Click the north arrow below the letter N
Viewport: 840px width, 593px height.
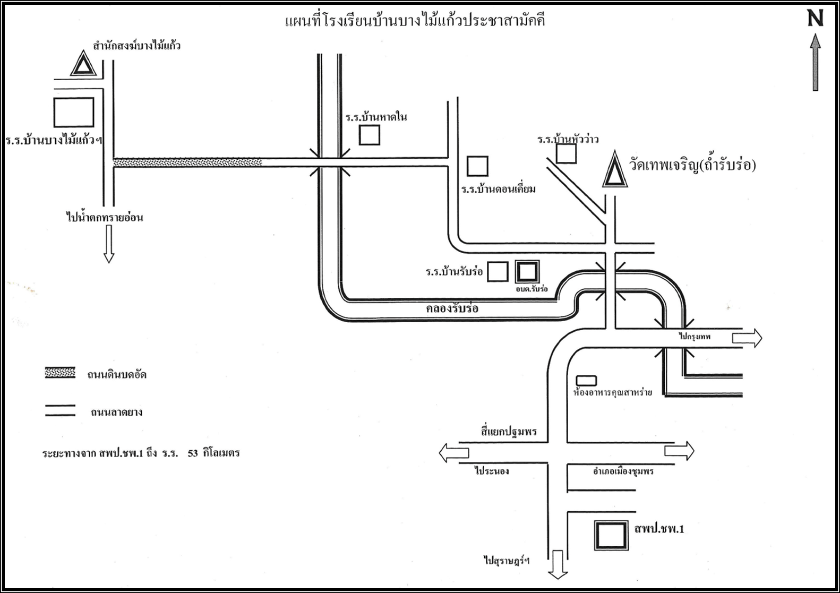815,62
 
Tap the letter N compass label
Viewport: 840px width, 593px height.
815,18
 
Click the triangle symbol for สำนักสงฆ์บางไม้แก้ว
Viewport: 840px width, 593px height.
83,63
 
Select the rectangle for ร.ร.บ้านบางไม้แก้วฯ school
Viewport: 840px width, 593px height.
74,113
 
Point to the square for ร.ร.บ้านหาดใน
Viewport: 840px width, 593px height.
370,135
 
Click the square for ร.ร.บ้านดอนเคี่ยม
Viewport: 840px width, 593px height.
477,166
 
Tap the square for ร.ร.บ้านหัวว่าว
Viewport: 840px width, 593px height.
566,153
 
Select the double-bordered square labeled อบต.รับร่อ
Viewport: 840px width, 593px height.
527,272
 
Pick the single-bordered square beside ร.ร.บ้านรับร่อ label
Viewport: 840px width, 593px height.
498,272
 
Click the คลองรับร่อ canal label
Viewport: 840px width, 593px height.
452,308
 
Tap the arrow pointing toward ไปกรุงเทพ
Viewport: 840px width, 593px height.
747,338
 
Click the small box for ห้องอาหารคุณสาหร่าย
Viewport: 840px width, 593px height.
587,381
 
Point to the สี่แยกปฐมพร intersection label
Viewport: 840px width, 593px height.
509,432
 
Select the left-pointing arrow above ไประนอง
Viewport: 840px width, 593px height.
454,452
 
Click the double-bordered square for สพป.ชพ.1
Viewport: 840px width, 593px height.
611,536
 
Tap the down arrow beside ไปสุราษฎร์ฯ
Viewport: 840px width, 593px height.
558,564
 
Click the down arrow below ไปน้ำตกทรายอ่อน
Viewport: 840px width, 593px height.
109,244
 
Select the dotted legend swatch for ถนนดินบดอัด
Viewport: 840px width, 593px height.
60,373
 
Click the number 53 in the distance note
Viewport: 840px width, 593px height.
193,453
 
